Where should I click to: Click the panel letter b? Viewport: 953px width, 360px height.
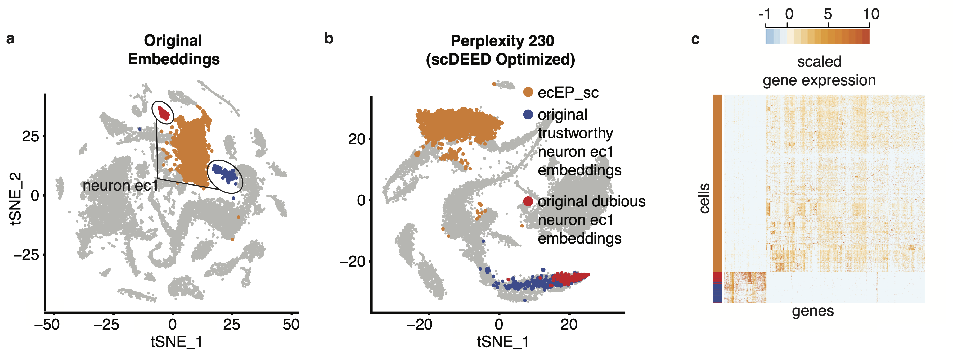click(x=329, y=38)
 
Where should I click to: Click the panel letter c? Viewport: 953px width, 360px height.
click(x=695, y=39)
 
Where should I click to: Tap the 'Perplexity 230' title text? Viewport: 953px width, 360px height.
click(x=502, y=41)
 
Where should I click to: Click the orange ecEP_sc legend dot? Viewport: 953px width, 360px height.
click(x=528, y=92)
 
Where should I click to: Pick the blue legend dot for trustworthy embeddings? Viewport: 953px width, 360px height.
click(x=528, y=114)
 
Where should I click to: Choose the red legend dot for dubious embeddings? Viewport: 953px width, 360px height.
click(x=528, y=201)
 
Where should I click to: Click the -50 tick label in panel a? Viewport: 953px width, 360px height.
click(x=47, y=325)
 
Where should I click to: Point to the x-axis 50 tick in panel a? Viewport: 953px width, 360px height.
click(x=291, y=325)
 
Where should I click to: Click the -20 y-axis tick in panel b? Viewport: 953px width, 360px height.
click(x=352, y=262)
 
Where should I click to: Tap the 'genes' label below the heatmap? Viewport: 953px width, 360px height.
click(x=813, y=311)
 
